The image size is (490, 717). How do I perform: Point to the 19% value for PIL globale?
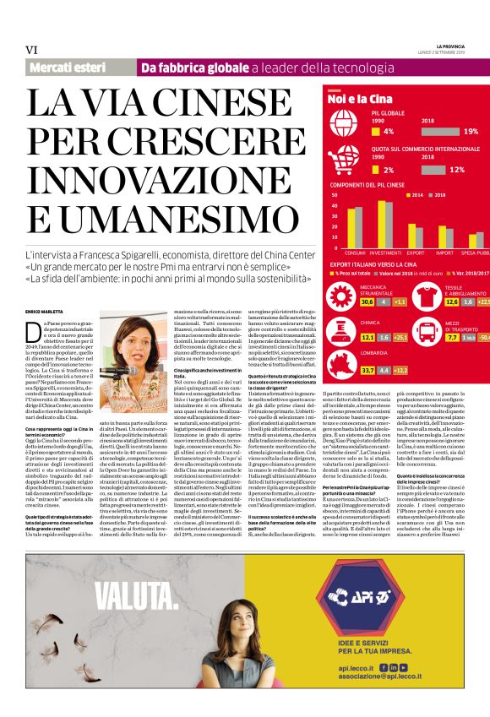(471, 132)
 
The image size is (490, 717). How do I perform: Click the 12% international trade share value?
(457, 170)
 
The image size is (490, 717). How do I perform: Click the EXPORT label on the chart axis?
(416, 253)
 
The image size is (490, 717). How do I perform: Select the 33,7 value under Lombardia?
(343, 370)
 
